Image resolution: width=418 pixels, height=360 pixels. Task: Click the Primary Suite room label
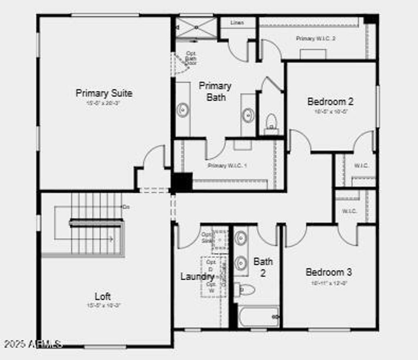[x=104, y=93]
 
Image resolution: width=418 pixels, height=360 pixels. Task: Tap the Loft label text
[x=103, y=296]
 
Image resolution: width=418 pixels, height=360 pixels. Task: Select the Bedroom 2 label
[x=330, y=101]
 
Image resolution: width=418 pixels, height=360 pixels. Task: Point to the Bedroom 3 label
[x=329, y=272]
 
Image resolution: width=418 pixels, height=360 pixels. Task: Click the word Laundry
[x=197, y=277]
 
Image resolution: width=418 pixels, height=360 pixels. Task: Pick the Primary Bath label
[x=215, y=92]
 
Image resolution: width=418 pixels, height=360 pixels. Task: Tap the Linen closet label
[x=237, y=23]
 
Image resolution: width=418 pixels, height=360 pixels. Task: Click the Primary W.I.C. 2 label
[x=316, y=38]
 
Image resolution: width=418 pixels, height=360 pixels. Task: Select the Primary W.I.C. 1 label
[x=227, y=165]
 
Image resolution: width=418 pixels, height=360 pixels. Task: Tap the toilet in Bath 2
[x=245, y=290]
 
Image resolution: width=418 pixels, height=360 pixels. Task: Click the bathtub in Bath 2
[x=259, y=317]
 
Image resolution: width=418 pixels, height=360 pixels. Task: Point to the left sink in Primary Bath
[x=182, y=110]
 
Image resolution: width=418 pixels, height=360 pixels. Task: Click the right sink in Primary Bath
[x=248, y=115]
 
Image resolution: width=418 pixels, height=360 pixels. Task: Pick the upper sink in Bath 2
[x=240, y=237]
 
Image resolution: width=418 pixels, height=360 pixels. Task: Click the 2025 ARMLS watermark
[x=33, y=344]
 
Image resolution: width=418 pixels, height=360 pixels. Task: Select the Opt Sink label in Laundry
[x=207, y=237]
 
